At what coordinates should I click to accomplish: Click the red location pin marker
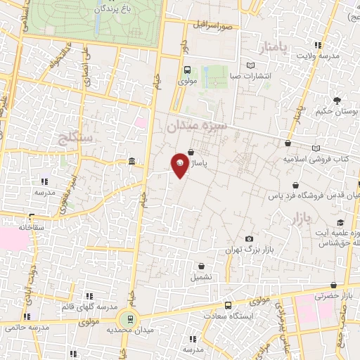(x=180, y=165)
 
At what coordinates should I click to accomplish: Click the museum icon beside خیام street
(x=132, y=164)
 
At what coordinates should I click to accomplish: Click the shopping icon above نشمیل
(x=202, y=266)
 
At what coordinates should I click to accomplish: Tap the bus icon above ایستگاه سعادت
(x=228, y=305)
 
